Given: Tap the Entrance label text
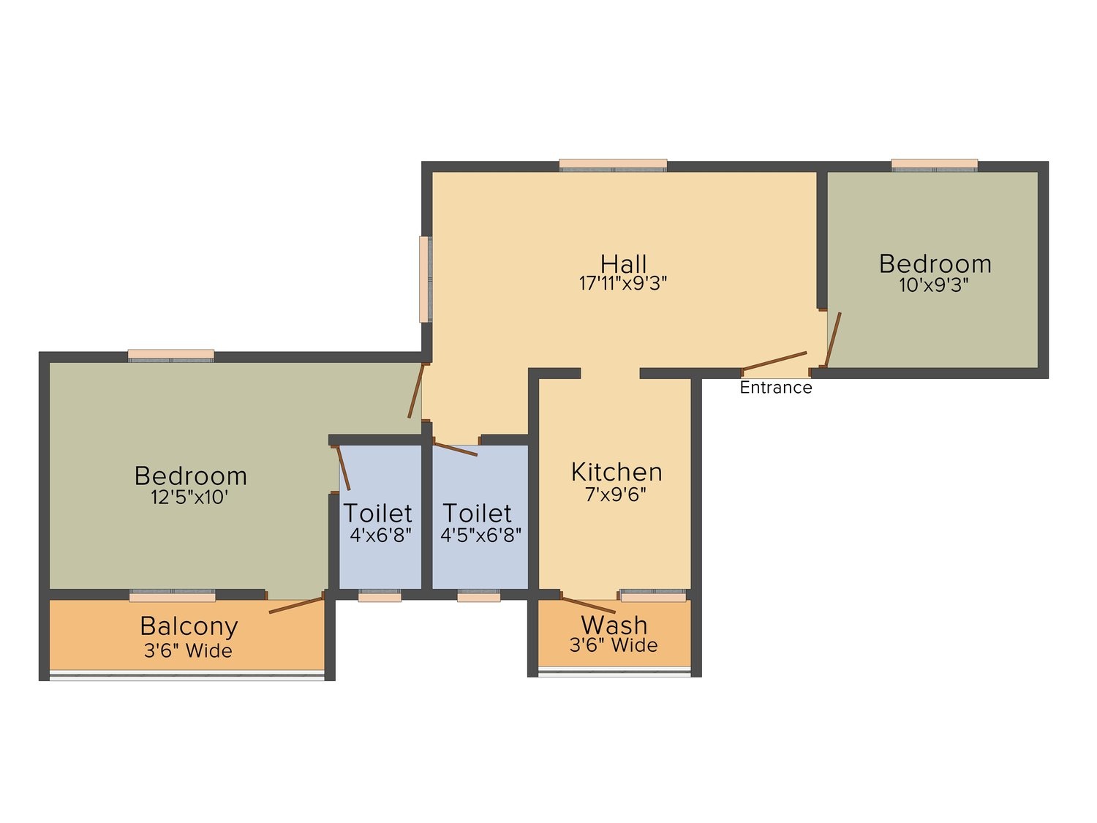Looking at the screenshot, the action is point(776,387).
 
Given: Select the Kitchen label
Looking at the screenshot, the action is point(617,472).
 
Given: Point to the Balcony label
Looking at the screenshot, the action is point(189,627).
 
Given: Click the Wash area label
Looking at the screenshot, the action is point(614,625).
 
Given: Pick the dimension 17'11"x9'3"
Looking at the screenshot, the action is point(622,283).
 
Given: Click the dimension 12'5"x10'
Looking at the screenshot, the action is point(190,497).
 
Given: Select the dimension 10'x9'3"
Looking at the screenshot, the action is point(934,285).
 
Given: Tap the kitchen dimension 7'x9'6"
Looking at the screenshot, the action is point(615,495).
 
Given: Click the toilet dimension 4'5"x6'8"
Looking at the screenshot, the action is point(480,535).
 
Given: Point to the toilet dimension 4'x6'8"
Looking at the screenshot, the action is point(380,535).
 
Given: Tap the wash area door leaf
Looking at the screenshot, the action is point(588,604).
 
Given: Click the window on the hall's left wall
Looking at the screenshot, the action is point(426,279).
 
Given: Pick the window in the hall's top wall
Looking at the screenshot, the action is point(613,165).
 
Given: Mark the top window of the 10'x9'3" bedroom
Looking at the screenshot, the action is point(934,165).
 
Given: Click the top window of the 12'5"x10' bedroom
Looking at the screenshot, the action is point(171,356).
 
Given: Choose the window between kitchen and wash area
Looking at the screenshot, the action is point(653,595).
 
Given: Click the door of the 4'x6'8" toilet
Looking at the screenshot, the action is point(343,467).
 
